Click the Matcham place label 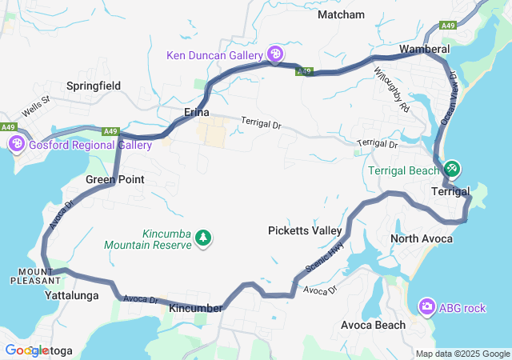[341, 14]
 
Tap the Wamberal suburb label [424, 50]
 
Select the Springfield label [94, 85]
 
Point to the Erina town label [197, 112]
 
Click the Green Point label [115, 179]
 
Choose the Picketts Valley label [305, 230]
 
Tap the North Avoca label [422, 239]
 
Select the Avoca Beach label [373, 325]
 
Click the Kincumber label [196, 308]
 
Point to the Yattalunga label [71, 295]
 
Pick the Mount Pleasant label [35, 276]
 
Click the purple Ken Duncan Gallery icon [275, 54]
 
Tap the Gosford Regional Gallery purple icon [16, 144]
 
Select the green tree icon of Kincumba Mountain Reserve [204, 237]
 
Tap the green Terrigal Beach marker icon [451, 169]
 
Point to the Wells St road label [36, 102]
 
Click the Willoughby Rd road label [391, 89]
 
